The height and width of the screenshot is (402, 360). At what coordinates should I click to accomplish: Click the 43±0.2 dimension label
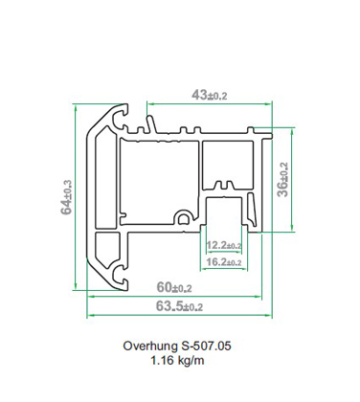[x=210, y=95]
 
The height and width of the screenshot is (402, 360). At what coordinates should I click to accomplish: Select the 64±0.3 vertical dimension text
[x=66, y=197]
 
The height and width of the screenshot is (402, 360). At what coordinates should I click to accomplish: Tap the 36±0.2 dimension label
[x=282, y=180]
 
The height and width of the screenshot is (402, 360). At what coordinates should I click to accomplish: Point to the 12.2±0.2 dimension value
[x=224, y=245]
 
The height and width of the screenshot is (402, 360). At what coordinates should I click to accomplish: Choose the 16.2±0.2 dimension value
[x=224, y=262]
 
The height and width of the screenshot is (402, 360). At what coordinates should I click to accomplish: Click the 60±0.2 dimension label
[x=174, y=287]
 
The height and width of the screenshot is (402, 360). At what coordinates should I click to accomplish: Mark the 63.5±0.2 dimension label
[x=179, y=306]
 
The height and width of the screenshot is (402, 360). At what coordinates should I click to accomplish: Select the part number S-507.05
[x=206, y=346]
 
